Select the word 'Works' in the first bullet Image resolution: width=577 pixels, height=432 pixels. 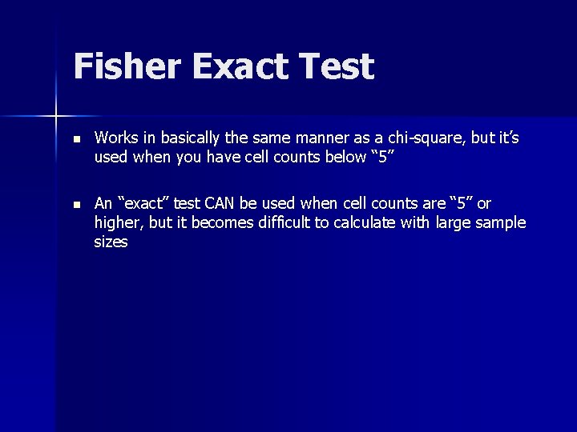(x=113, y=138)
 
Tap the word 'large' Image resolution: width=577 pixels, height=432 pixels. (x=451, y=222)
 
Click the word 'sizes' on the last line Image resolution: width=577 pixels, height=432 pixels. (x=111, y=242)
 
